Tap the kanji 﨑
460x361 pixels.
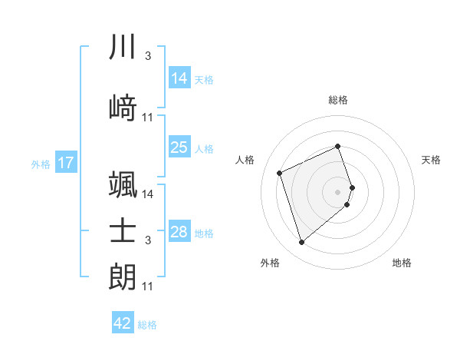(123, 108)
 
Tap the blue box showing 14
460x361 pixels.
(179, 78)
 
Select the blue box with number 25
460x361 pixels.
(179, 147)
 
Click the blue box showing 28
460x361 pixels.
(179, 232)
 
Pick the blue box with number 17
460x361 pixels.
(65, 163)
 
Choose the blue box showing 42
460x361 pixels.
(123, 323)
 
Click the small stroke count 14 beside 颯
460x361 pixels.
(148, 194)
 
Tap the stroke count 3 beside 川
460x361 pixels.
(147, 56)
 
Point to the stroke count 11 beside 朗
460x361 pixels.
(148, 286)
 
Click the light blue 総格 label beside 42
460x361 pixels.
(147, 325)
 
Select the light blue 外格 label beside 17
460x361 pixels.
(40, 164)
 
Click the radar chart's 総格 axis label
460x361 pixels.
(338, 100)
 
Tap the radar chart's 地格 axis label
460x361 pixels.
(402, 263)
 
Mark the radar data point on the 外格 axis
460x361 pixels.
(302, 243)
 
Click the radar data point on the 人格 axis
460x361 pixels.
(280, 172)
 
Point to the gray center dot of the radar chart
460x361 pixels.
(338, 191)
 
